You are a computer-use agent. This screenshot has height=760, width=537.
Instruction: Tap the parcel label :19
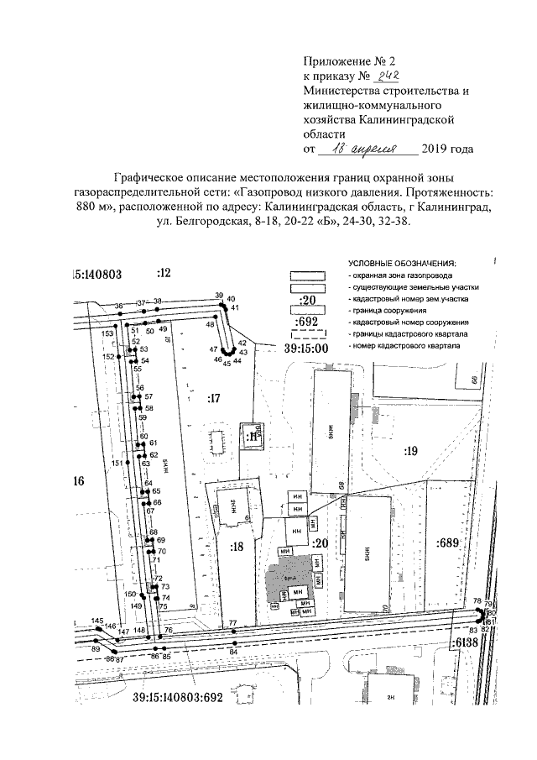(x=410, y=451)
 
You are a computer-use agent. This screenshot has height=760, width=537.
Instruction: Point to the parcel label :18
(x=237, y=546)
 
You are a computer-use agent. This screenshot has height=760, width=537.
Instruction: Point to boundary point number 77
(x=232, y=623)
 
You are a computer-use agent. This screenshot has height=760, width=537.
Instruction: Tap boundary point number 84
(x=233, y=652)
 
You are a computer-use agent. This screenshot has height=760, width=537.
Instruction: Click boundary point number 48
(x=210, y=324)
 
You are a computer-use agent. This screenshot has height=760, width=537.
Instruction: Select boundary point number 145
(x=97, y=621)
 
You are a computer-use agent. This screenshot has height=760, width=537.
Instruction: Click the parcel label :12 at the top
(x=163, y=272)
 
